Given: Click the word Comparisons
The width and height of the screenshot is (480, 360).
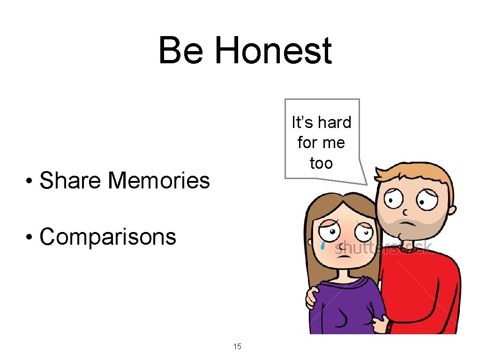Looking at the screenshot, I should (108, 237).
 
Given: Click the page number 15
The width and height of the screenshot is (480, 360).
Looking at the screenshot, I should (237, 347).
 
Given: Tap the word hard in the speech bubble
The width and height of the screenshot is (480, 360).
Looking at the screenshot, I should (333, 123).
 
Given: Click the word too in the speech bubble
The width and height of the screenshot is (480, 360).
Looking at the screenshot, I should (322, 164).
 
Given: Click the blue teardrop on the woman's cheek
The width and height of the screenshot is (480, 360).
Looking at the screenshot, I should (323, 245).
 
